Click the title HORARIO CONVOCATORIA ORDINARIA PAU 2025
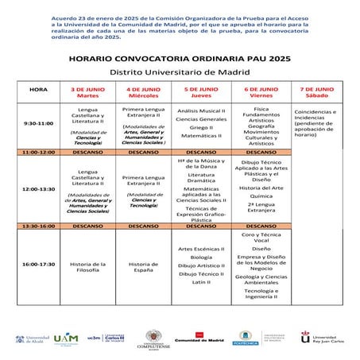click(x=180, y=59)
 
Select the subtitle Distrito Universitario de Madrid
click(x=180, y=72)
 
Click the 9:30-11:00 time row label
click(x=37, y=123)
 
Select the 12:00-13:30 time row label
click(x=37, y=188)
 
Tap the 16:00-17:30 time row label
click(x=37, y=263)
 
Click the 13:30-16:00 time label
click(x=37, y=226)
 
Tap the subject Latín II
click(x=202, y=281)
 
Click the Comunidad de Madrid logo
click(x=196, y=339)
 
